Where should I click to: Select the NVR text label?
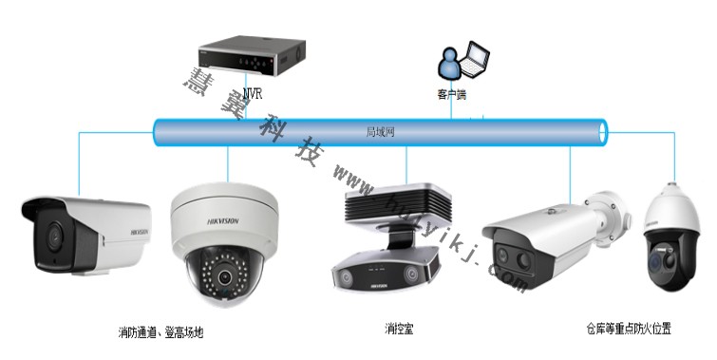[x=252, y=93]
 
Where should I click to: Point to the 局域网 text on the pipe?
[x=380, y=131]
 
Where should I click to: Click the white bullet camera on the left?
[x=85, y=233]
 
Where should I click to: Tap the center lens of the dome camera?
[x=225, y=278]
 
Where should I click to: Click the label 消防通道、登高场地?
[x=160, y=332]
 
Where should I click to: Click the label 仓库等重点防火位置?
[x=629, y=329]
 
